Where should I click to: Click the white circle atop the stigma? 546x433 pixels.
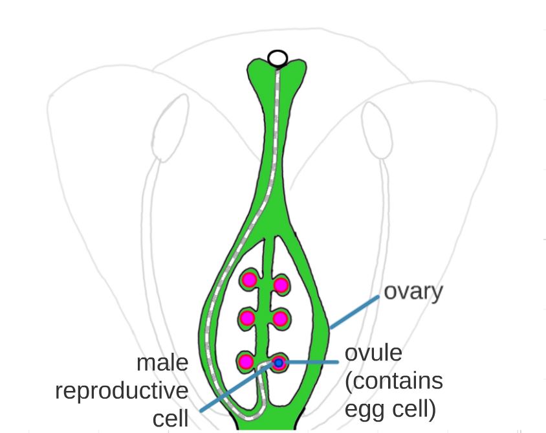click(278, 58)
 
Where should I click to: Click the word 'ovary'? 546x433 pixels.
click(413, 292)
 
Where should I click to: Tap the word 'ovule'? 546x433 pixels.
click(373, 353)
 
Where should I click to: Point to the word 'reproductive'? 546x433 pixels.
click(122, 391)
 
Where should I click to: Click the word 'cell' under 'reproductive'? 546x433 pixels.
click(170, 419)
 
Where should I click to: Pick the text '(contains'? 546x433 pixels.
click(394, 381)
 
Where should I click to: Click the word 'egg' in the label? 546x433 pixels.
click(363, 410)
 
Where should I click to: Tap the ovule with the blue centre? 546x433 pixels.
click(279, 364)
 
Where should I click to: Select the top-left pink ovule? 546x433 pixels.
click(249, 280)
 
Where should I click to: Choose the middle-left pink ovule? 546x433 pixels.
click(247, 318)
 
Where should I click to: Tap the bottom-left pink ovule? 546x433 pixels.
click(246, 361)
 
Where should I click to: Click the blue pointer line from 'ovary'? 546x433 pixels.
click(355, 313)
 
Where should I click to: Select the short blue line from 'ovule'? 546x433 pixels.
click(311, 363)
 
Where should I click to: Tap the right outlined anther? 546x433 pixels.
click(376, 132)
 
